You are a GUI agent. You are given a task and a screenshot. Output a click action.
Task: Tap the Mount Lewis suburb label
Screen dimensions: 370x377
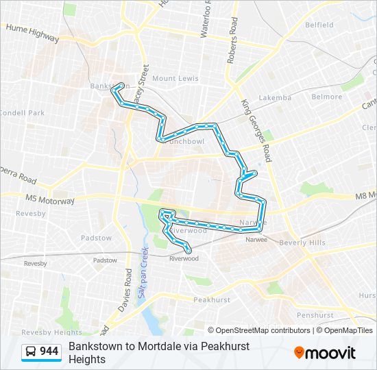point(175,79)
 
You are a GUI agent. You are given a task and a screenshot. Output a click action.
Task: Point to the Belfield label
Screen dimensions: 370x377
point(319,25)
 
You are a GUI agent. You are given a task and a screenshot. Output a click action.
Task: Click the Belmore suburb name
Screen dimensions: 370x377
point(327,97)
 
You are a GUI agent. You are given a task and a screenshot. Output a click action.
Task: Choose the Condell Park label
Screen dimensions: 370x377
point(22,113)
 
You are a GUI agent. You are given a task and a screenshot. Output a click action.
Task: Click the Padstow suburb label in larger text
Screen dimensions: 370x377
point(96,238)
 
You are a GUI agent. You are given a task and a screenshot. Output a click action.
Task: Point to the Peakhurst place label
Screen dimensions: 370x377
point(212,300)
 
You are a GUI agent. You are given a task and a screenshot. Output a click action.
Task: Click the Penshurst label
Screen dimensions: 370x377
point(315,316)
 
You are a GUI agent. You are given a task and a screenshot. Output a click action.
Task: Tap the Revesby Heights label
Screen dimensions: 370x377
point(42,332)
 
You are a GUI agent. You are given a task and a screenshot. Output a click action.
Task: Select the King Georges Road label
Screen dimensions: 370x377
point(257,130)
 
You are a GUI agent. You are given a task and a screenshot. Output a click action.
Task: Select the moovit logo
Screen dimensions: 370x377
point(325,353)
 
